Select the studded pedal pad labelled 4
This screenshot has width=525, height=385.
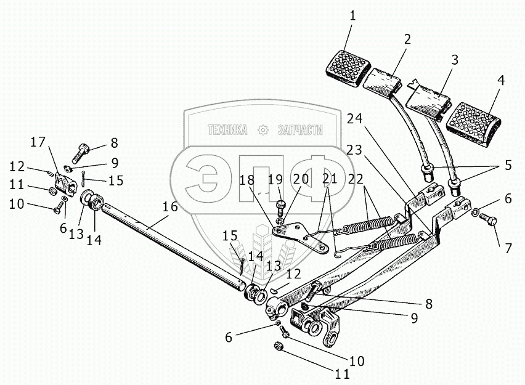[x=473, y=123]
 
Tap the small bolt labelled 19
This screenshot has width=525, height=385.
[x=281, y=203]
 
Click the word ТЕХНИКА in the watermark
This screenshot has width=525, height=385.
[x=227, y=130]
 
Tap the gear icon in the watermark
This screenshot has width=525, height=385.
[x=263, y=130]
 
